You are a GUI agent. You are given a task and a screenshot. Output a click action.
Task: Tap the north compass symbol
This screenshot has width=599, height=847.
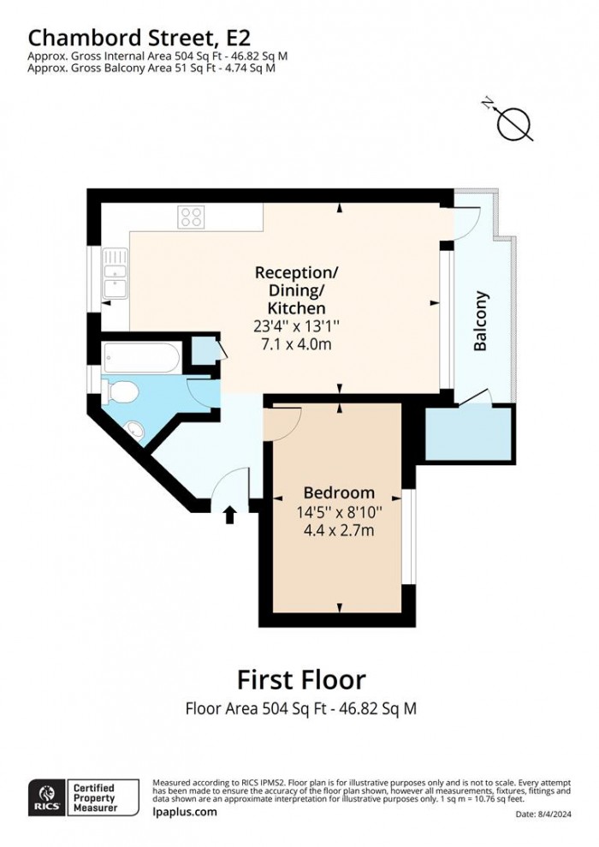point(514,123)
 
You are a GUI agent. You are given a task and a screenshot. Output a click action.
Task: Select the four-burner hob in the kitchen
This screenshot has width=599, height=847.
point(192,218)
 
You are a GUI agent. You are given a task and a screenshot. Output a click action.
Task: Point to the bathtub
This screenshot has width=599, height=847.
point(141,357)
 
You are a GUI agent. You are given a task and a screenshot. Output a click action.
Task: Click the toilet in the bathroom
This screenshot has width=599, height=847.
point(121,391)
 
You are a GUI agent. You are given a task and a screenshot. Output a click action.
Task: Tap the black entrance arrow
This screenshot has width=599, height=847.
point(229,515)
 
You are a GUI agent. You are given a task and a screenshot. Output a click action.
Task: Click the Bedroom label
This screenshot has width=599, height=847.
point(339,493)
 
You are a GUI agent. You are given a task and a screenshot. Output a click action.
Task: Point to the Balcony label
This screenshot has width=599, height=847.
point(481,322)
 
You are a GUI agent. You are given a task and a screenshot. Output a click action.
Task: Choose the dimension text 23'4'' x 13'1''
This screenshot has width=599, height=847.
point(297,325)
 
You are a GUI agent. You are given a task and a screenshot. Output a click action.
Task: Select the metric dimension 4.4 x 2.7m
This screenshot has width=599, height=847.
point(339,531)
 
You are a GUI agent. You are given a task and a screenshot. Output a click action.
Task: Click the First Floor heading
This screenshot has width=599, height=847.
point(300,680)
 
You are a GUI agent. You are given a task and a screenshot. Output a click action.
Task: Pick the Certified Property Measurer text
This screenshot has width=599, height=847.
point(106,797)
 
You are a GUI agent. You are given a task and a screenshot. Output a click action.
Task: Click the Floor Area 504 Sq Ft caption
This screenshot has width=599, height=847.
point(300,708)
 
